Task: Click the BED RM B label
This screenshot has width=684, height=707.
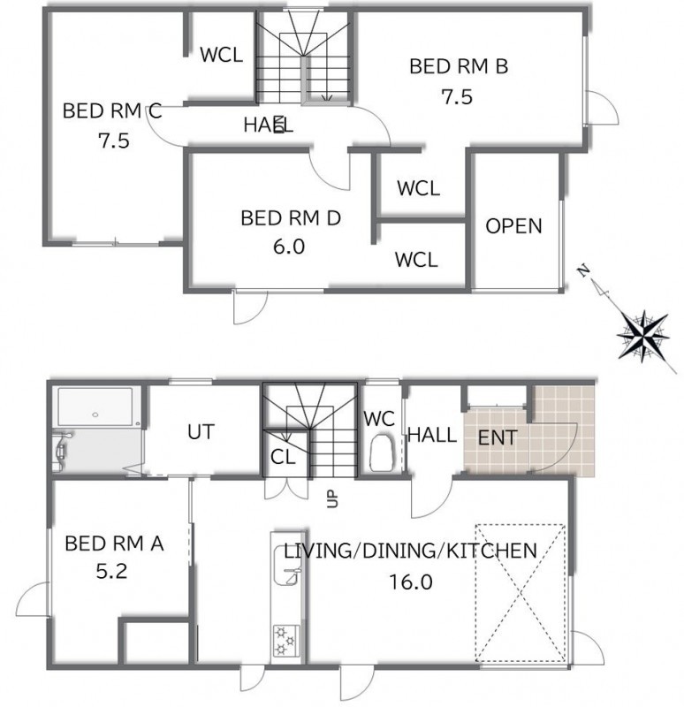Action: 459,66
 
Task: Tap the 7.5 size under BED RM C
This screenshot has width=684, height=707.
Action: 114,141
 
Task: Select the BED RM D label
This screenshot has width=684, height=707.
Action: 291,218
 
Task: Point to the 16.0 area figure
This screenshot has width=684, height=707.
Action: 411,582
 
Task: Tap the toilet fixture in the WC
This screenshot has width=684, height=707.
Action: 382,452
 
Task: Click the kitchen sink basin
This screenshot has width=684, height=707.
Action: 286,566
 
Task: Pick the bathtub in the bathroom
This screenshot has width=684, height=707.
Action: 95,407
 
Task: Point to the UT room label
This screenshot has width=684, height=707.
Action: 201,432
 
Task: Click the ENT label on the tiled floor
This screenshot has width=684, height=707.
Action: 498,437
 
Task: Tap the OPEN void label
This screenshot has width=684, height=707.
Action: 513,226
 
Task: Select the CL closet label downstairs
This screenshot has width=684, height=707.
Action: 283,458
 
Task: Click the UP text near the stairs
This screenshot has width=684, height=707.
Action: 332,499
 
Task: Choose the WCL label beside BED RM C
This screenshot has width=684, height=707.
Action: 222,55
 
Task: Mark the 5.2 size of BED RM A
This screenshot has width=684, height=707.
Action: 111,572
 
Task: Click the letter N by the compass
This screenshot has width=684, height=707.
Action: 584,270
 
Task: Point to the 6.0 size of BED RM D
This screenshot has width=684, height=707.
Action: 289,247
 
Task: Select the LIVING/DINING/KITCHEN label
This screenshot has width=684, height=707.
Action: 410,551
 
